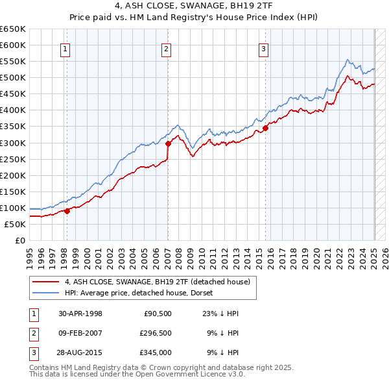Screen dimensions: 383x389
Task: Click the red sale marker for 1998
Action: (x=67, y=210)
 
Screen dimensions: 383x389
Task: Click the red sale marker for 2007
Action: (x=168, y=143)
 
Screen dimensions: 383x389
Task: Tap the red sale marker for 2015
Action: (x=266, y=128)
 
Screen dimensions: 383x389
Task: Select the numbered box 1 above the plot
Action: (x=66, y=48)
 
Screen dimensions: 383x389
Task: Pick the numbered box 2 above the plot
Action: (x=166, y=48)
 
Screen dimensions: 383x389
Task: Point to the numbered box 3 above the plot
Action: (x=264, y=48)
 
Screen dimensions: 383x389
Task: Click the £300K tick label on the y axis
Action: (x=13, y=143)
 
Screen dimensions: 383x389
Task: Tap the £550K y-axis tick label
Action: (x=13, y=62)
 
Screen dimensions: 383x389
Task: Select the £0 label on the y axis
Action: (x=19, y=241)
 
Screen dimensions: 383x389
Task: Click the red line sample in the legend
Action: (x=45, y=282)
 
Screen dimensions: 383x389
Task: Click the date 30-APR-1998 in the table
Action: (x=80, y=314)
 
